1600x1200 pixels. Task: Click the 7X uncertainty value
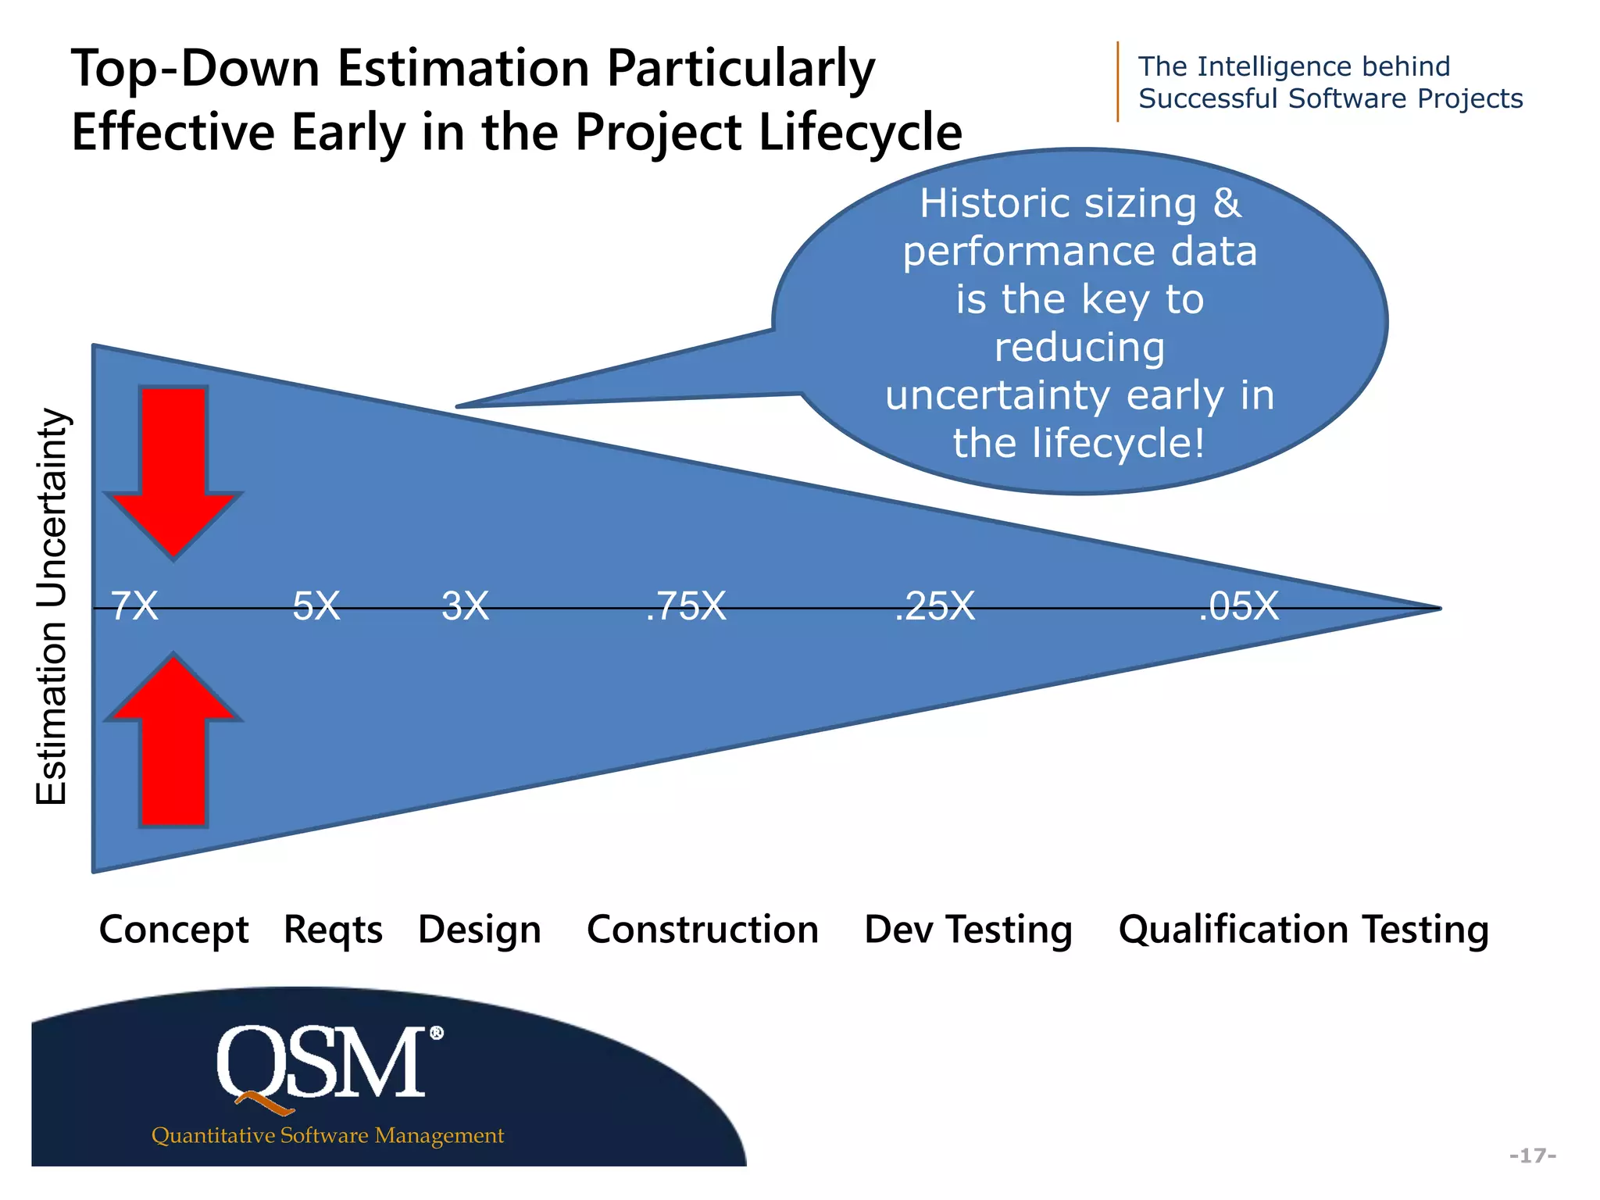tap(134, 606)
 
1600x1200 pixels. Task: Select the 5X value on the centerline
tap(316, 606)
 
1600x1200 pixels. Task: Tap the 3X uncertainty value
tap(465, 606)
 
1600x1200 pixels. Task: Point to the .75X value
tap(686, 606)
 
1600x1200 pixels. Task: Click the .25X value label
tap(934, 606)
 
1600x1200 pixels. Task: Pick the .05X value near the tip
tap(1238, 606)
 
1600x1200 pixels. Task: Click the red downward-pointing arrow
tap(173, 469)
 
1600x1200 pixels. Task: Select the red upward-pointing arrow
tap(173, 742)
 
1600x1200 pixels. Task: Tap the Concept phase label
tap(173, 930)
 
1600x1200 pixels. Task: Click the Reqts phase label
tap(333, 930)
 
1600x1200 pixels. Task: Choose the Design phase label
tap(479, 930)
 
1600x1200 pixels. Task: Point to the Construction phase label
tap(702, 930)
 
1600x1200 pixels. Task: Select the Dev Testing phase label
tap(968, 930)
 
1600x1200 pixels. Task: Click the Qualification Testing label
tap(1303, 930)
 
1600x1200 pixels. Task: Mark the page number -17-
tap(1532, 1155)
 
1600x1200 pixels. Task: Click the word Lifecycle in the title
tap(859, 131)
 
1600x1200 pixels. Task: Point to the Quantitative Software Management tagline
tap(327, 1135)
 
